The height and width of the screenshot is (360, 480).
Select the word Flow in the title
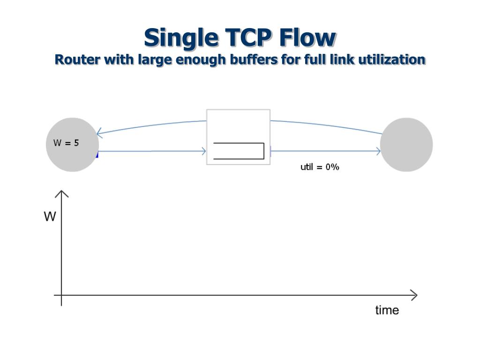point(307,37)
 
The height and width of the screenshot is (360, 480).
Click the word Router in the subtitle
point(77,60)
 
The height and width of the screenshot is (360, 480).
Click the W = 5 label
point(66,143)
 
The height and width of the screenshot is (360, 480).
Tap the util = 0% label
point(320,167)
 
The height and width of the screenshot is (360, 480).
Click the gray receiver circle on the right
point(406,144)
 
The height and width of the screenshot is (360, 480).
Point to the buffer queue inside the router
point(239,151)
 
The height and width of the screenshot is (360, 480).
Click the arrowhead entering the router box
point(204,151)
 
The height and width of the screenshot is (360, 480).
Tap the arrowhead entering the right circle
point(378,151)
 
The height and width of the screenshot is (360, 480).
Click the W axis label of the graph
point(50,217)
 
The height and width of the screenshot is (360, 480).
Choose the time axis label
point(387,310)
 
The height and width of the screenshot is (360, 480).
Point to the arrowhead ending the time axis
point(414,295)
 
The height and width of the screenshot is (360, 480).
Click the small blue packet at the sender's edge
point(97,154)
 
